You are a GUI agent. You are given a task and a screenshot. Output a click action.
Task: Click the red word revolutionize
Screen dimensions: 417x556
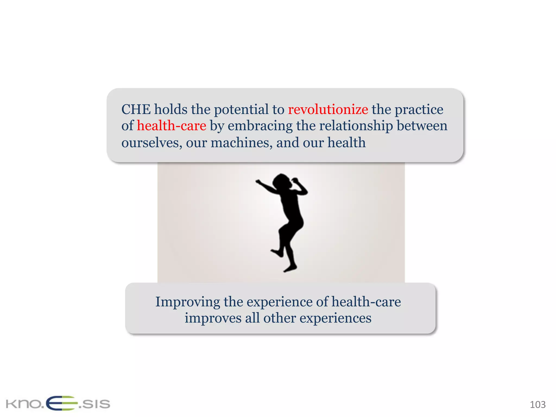(328, 110)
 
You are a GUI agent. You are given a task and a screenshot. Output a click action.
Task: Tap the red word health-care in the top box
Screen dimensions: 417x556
(171, 126)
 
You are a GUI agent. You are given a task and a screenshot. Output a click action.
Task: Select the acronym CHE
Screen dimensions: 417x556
(136, 110)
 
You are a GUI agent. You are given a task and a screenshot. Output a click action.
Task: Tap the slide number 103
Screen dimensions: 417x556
(538, 405)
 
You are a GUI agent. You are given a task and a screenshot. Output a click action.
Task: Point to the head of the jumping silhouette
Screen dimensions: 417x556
(282, 181)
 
